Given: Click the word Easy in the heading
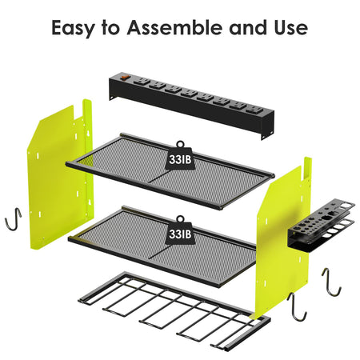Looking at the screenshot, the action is tap(73, 28).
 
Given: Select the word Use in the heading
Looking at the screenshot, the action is tap(290, 27).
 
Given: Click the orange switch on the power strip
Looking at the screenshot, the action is tap(125, 78).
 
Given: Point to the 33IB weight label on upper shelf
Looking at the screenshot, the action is tap(180, 159).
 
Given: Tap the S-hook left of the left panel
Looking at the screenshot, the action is tap(13, 219).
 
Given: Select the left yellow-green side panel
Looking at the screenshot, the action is tap(60, 174).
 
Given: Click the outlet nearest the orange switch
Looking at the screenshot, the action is tap(141, 82).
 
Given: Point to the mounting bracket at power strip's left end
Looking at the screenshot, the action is tap(113, 98).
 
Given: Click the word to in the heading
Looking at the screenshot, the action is tap(110, 28).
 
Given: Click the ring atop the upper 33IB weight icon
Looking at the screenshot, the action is tap(180, 144).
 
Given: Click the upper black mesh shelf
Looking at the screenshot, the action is tap(170, 171).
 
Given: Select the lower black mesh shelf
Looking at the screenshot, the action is tap(162, 246).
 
